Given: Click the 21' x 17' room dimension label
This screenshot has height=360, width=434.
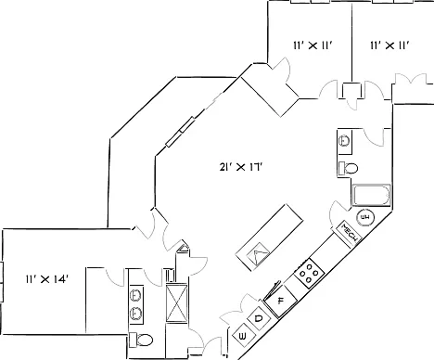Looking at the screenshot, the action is click(241, 167).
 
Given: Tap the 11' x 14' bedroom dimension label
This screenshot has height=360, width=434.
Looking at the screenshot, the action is click(46, 279).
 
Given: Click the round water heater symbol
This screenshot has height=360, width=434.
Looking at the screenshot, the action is click(365, 217).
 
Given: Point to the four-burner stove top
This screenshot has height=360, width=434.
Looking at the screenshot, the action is click(310, 274).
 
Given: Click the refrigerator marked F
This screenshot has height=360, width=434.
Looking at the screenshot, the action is click(281, 301).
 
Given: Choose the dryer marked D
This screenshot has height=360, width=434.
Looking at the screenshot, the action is click(259, 317).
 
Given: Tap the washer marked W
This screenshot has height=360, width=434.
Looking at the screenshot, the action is click(243, 336).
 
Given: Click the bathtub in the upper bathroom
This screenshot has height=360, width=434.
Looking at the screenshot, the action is click(372, 195).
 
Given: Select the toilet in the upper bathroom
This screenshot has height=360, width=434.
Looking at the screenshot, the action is click(348, 168).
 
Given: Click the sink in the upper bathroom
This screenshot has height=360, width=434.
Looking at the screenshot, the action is click(344, 141).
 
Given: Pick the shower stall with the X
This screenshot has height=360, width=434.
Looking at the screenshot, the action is click(176, 302).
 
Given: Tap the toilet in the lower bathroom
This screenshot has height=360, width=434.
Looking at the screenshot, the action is click(141, 340).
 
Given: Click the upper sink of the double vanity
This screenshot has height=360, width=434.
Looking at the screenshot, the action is click(136, 295).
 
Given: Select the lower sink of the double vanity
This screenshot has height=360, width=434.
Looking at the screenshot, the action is click(136, 314).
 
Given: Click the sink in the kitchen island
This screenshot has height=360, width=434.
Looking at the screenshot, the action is click(258, 253).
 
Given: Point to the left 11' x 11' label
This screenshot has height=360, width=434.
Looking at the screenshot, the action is click(313, 45).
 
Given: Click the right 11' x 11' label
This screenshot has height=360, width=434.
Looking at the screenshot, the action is click(390, 45).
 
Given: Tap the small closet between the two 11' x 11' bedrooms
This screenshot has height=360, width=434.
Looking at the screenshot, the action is click(351, 91).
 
